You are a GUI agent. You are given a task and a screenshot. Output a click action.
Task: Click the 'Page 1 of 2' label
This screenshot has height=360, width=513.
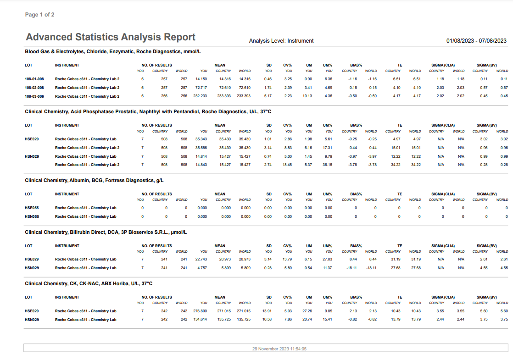(x=39, y=15)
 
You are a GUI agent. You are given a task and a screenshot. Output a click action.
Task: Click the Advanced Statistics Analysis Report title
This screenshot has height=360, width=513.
(x=111, y=37)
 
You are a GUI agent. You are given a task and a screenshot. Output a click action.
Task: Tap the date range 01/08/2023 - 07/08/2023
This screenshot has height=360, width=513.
(x=476, y=41)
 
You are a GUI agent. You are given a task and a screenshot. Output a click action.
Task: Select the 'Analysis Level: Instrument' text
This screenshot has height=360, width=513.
(x=281, y=41)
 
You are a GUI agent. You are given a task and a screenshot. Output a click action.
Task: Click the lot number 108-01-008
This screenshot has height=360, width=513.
(x=34, y=79)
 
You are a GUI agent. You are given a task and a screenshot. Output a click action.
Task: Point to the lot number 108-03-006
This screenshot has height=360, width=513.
(x=34, y=96)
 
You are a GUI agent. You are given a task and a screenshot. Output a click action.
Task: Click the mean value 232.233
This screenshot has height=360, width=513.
(x=200, y=96)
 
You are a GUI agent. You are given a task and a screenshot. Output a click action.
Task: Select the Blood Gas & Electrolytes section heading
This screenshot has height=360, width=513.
(x=113, y=52)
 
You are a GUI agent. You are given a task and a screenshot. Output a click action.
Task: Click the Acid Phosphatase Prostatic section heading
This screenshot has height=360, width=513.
(x=148, y=112)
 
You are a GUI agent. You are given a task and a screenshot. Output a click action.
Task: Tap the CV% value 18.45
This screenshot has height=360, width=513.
(x=287, y=165)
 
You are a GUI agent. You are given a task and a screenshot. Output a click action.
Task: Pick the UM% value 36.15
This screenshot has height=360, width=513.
(x=328, y=165)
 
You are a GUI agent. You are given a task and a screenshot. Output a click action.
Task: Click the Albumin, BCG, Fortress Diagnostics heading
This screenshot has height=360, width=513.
(x=94, y=181)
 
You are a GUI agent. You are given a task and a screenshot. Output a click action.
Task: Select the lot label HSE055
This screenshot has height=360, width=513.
(x=32, y=208)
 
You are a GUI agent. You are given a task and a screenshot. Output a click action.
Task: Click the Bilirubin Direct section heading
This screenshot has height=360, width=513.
(x=106, y=233)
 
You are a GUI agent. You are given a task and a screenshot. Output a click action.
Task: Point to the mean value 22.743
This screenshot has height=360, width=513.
(x=201, y=259)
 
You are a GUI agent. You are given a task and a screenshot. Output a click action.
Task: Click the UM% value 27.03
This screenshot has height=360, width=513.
(x=328, y=259)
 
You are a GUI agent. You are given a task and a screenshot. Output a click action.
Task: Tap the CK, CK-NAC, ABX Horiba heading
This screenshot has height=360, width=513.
(x=89, y=284)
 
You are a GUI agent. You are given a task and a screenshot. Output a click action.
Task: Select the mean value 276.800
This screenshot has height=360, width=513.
(x=200, y=311)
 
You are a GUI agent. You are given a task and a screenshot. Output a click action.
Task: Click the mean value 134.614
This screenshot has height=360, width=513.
(x=200, y=320)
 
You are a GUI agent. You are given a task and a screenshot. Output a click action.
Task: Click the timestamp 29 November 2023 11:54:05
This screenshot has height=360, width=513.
(x=279, y=349)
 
